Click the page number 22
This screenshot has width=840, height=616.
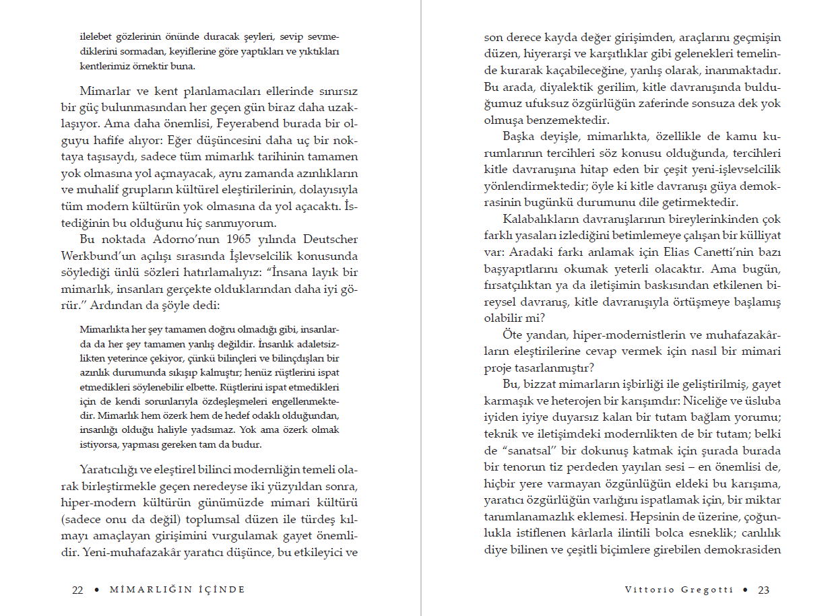tap(77, 590)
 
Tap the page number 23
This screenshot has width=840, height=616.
tap(763, 590)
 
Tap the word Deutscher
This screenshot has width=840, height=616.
tap(330, 240)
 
